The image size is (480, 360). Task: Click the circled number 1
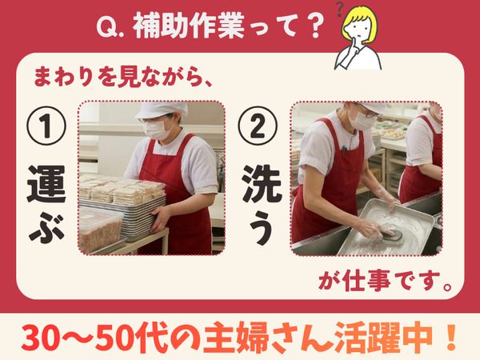click(46, 126)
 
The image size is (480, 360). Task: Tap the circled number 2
click(258, 126)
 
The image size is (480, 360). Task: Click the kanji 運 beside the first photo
click(46, 185)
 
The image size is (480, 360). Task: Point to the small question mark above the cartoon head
click(339, 10)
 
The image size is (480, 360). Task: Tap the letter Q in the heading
click(106, 26)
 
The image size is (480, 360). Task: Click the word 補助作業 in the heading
click(189, 26)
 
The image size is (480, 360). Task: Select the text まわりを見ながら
click(118, 77)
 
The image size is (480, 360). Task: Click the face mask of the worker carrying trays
click(157, 129)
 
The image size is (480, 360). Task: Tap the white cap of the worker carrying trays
click(162, 110)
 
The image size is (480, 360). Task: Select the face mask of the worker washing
click(363, 122)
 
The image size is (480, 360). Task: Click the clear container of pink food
click(101, 228)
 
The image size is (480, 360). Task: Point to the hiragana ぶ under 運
click(46, 229)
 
